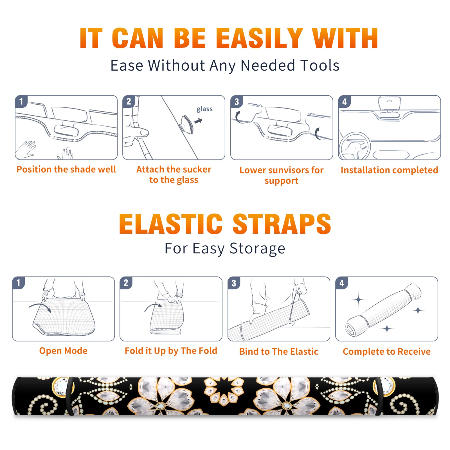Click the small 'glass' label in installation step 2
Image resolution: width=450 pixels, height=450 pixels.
204,109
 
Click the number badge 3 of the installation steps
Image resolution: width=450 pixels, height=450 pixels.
237,102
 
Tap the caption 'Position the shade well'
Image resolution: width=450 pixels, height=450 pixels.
66,169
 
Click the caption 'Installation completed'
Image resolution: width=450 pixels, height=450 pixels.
389,170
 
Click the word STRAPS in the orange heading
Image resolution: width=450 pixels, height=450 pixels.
282,224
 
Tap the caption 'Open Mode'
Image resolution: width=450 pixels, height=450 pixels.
63,351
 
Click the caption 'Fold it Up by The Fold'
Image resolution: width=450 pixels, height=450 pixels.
171,351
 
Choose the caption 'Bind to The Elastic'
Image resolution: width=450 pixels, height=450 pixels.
279,352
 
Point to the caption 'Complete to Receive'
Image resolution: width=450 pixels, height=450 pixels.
387,352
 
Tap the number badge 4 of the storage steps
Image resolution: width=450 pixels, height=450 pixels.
342,283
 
